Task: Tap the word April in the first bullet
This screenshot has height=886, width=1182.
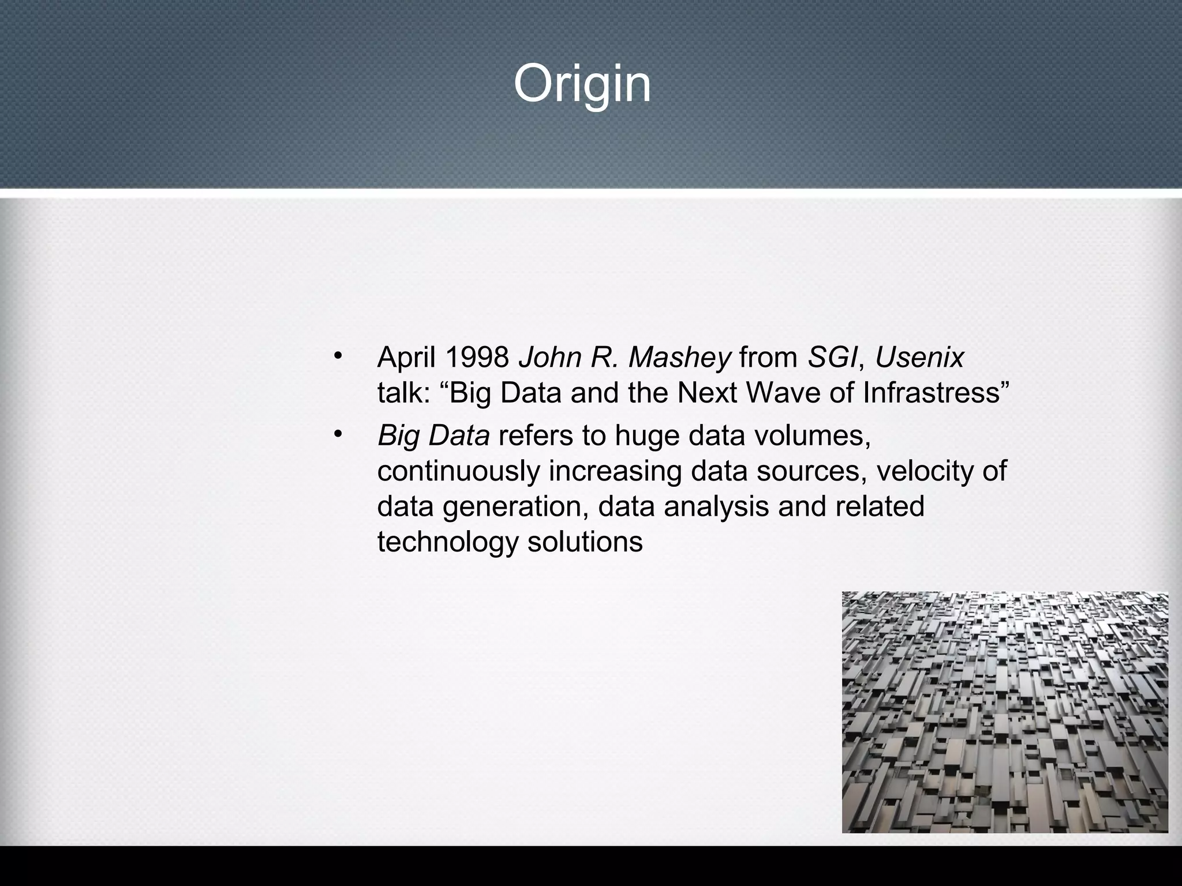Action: coord(406,358)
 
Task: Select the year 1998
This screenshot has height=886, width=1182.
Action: coord(477,358)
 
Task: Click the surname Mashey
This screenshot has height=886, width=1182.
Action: coord(679,358)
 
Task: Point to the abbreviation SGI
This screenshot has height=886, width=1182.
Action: coord(832,358)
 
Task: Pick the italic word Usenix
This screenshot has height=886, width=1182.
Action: coord(919,358)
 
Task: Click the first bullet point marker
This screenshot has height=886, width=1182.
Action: coord(338,354)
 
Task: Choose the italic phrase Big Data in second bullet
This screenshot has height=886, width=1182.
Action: coord(433,436)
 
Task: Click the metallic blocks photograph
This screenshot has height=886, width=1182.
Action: coord(1005,712)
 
